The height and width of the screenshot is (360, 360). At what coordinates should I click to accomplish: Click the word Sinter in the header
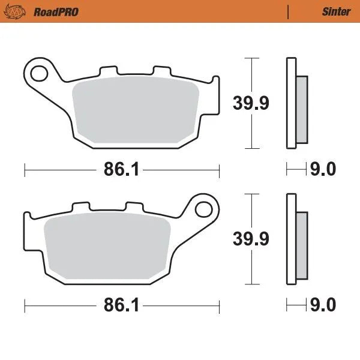336,11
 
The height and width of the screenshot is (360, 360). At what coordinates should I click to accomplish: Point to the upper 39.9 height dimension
251,103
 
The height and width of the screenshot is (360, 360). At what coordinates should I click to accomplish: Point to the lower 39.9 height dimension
251,238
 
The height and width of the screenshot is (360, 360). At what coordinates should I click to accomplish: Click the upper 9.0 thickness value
323,170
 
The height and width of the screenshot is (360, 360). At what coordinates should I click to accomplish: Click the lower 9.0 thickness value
323,306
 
